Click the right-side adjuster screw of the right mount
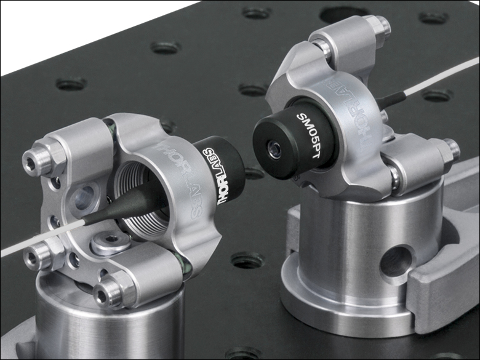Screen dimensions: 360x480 450,148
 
